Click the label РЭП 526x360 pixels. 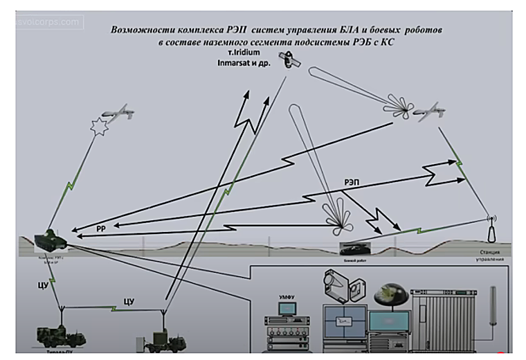point(352,182)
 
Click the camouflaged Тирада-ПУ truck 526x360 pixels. point(61,336)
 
